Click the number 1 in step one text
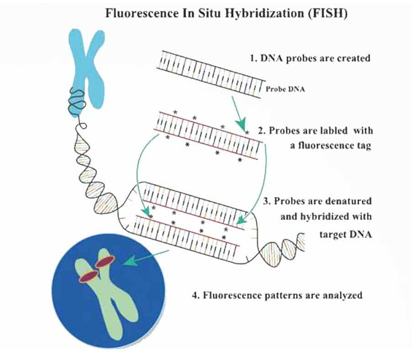point(252,59)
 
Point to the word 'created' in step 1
point(352,59)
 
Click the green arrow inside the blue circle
point(138,262)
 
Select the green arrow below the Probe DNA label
point(240,115)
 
